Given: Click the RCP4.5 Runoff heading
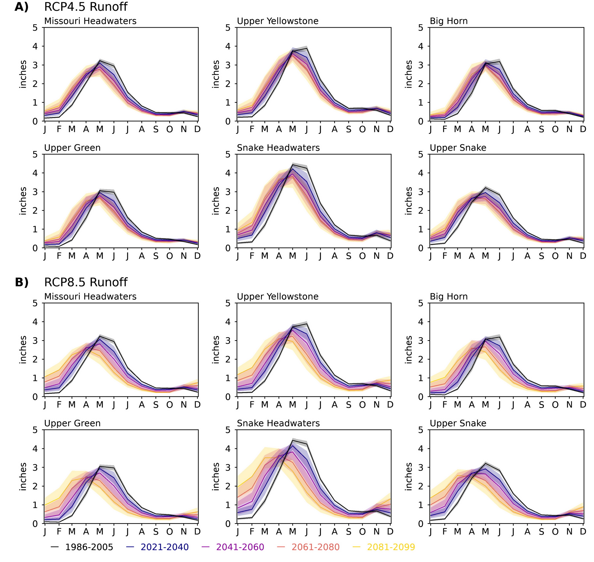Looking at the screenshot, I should pyautogui.click(x=86, y=7).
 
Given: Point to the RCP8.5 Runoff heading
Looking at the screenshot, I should pyautogui.click(x=86, y=282).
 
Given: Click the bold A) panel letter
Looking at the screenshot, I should pyautogui.click(x=22, y=7).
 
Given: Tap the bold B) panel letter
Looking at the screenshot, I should pyautogui.click(x=22, y=282).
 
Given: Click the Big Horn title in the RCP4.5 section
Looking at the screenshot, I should pyautogui.click(x=448, y=21).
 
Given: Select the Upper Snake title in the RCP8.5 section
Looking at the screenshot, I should pyautogui.click(x=458, y=423).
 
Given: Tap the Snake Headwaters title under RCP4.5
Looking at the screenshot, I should pyautogui.click(x=278, y=148).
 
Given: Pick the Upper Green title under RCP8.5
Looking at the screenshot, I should pyautogui.click(x=72, y=423).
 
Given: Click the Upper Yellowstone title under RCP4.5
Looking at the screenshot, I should pyautogui.click(x=278, y=21).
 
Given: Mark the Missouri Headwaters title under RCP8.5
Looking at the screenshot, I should pyautogui.click(x=90, y=297).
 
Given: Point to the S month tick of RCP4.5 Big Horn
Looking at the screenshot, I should pyautogui.click(x=541, y=129).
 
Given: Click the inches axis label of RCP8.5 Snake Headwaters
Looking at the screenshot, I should pyautogui.click(x=216, y=477).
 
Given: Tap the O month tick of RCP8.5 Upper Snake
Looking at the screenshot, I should pyautogui.click(x=555, y=532).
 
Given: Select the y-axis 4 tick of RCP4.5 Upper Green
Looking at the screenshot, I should pyautogui.click(x=35, y=173).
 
